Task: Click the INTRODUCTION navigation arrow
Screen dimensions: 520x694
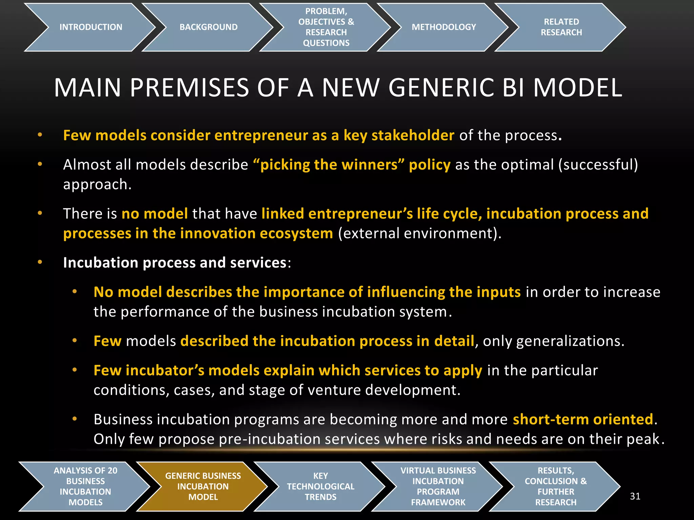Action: pyautogui.click(x=90, y=27)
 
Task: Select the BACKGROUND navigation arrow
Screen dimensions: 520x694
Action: pyautogui.click(x=208, y=27)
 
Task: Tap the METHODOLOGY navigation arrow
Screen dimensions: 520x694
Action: pyautogui.click(x=444, y=27)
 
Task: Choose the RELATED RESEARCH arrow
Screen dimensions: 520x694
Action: pyautogui.click(x=561, y=27)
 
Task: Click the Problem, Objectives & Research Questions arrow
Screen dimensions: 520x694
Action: pyautogui.click(x=326, y=27)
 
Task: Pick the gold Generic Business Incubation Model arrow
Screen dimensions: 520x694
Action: pyautogui.click(x=203, y=486)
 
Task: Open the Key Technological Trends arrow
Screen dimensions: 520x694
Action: pyautogui.click(x=321, y=486)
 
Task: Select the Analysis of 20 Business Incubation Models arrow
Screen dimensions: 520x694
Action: pyautogui.click(x=85, y=486)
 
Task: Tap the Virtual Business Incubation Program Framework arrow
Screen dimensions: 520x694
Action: pyautogui.click(x=438, y=486)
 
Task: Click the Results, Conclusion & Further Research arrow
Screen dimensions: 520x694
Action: pyautogui.click(x=556, y=486)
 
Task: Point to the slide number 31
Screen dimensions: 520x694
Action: pyautogui.click(x=635, y=496)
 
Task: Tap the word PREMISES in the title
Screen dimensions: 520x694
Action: pyautogui.click(x=190, y=88)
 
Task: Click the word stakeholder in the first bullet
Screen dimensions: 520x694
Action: pyautogui.click(x=413, y=135)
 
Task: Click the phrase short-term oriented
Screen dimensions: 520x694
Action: pyautogui.click(x=583, y=419)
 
